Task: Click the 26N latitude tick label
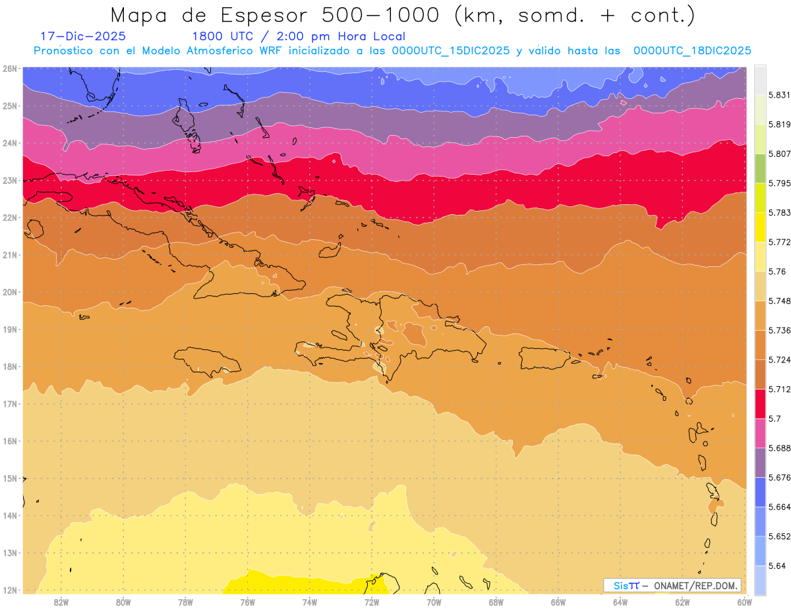point(9,69)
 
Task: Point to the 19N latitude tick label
point(9,330)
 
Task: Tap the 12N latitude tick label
point(9,590)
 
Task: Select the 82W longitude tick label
point(61,602)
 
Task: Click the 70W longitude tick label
point(434,602)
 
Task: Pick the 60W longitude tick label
point(745,602)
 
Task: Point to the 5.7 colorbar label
point(775,419)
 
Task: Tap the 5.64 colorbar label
point(778,566)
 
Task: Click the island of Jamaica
point(208,361)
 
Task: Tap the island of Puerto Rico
point(544,357)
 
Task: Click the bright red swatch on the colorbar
point(760,403)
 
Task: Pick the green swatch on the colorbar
point(760,168)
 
